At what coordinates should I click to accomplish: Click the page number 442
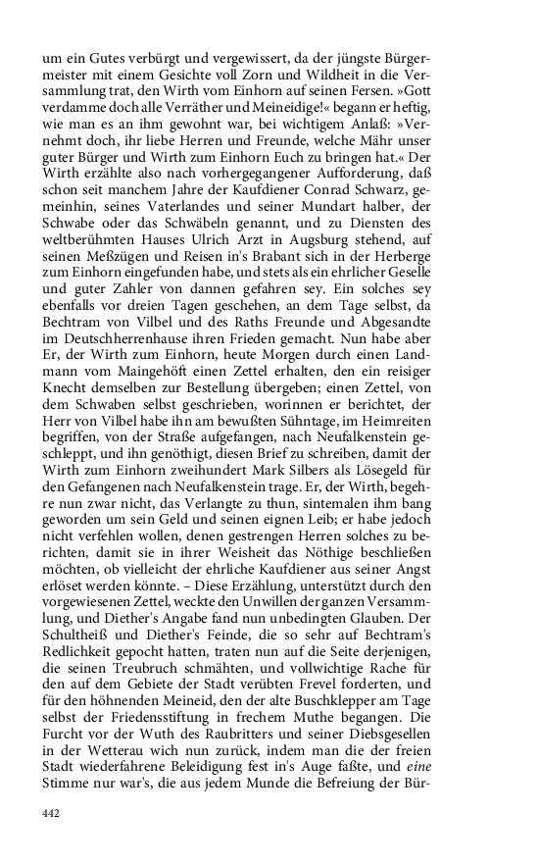click(x=52, y=813)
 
